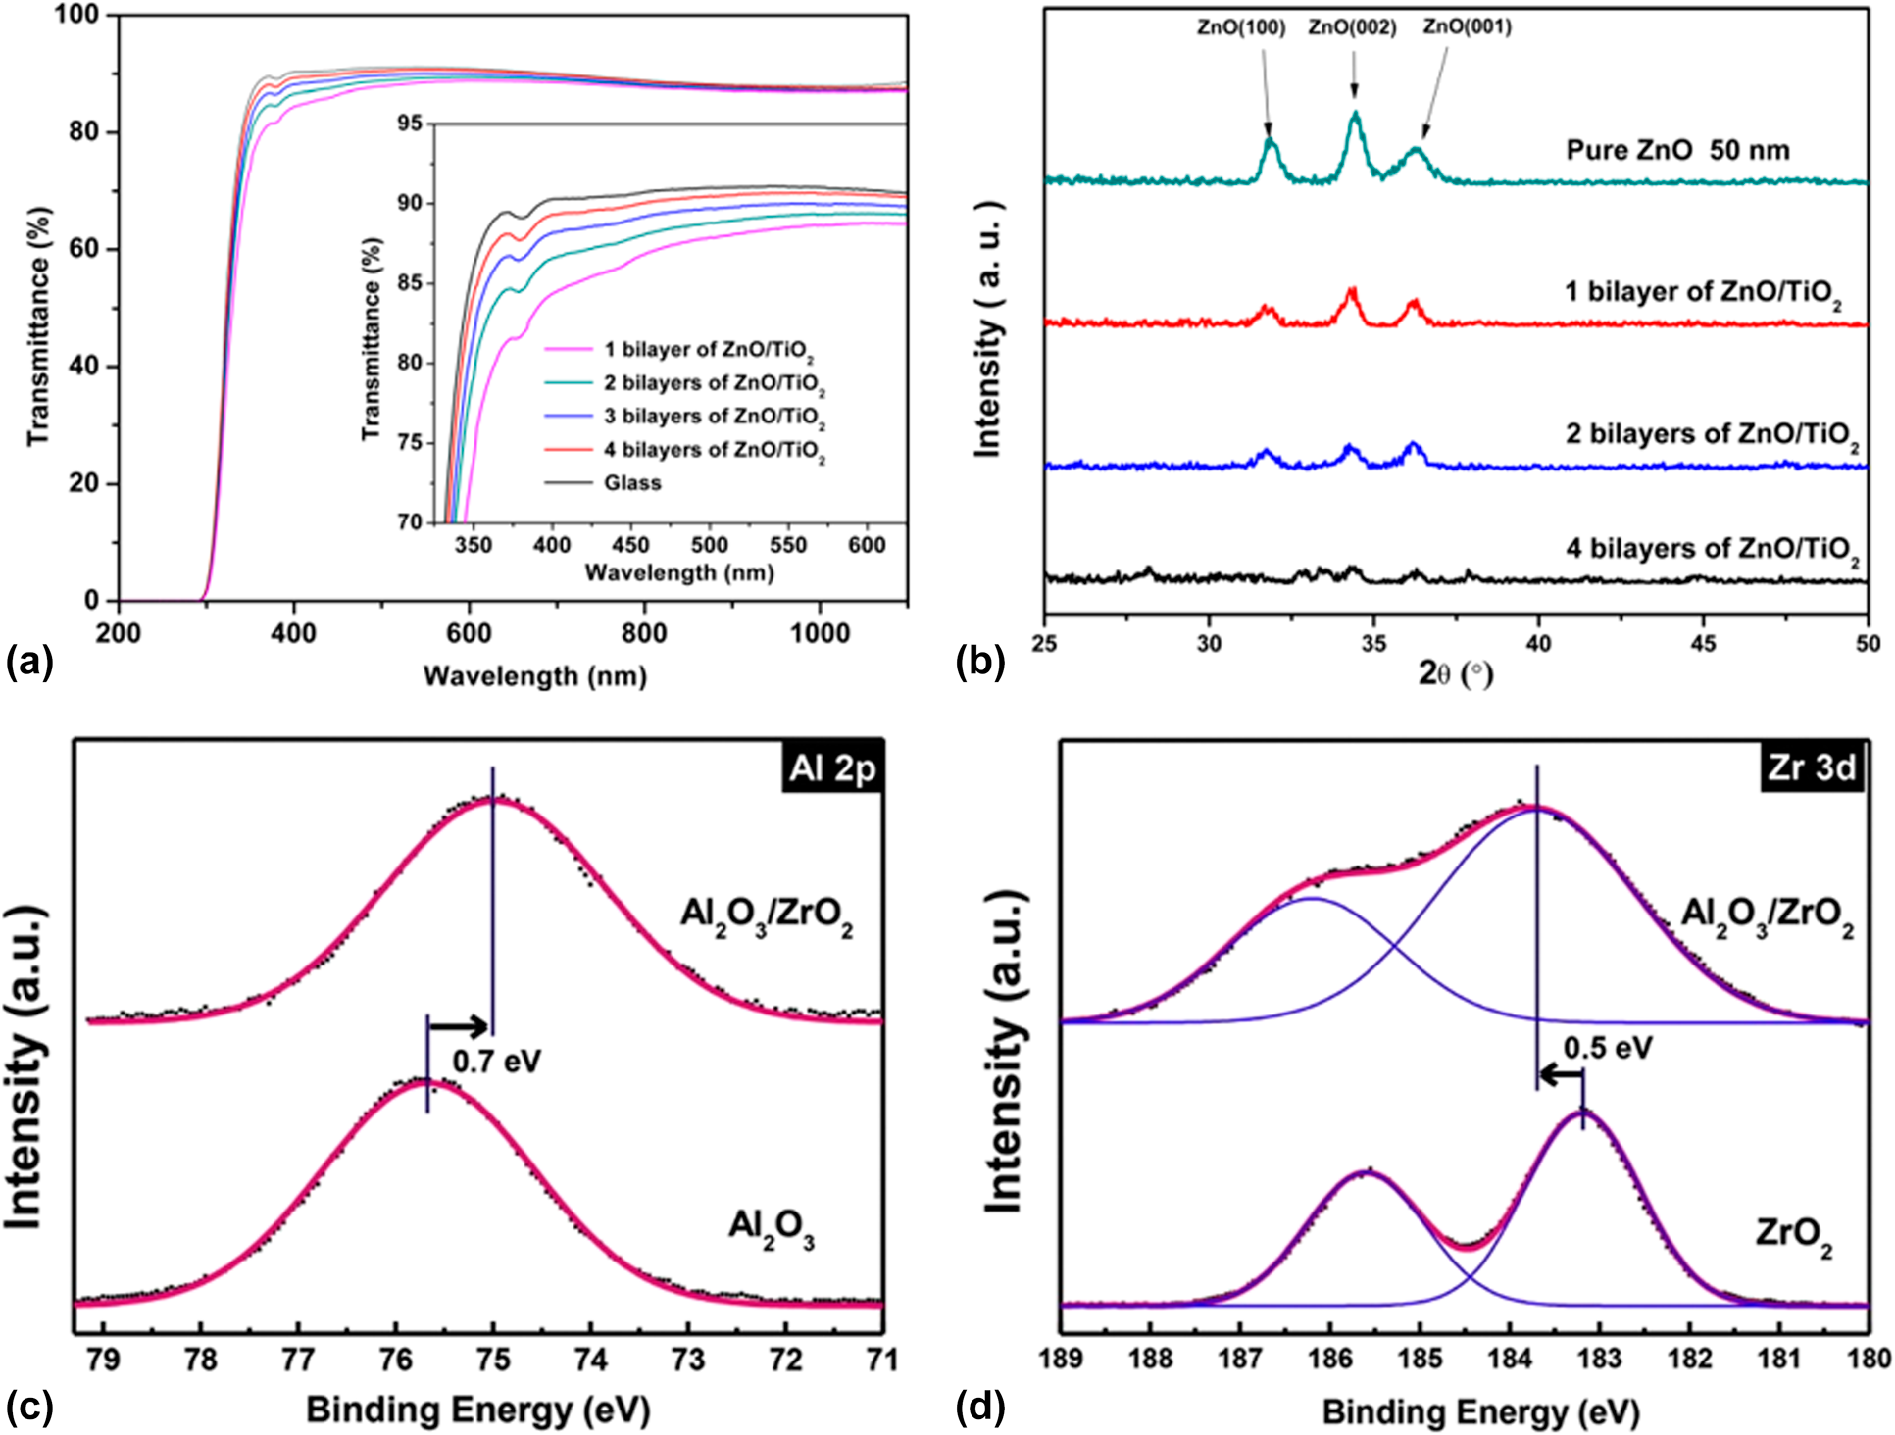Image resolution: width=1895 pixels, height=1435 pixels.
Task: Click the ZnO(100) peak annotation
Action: [1240, 27]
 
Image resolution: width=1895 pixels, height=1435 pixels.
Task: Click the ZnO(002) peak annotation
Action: [1352, 27]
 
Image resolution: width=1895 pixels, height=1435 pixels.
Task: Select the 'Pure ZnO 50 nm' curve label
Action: [1677, 150]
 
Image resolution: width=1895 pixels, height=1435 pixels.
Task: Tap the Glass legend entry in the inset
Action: [632, 482]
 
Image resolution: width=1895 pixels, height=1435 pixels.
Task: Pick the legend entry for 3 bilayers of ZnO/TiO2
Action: [714, 417]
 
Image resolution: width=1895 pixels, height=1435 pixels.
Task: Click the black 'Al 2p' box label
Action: [831, 767]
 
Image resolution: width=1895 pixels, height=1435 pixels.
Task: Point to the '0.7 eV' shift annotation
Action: [496, 1061]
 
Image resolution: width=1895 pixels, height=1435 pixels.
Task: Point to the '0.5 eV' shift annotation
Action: [1608, 1048]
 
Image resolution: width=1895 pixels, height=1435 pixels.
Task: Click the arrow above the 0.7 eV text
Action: [459, 1027]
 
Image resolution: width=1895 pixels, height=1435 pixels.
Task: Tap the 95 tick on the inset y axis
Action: [411, 124]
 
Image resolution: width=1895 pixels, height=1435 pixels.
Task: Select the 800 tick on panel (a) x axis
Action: [644, 634]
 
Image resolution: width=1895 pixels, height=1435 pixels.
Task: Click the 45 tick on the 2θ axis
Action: [1704, 642]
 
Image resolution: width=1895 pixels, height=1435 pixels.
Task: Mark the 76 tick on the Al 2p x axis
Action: [395, 1360]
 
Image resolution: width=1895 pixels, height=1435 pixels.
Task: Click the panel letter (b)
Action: [980, 663]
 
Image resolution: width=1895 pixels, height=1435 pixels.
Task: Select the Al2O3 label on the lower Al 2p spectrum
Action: [771, 1227]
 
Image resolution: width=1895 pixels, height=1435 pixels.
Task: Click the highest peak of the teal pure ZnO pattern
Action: [1356, 116]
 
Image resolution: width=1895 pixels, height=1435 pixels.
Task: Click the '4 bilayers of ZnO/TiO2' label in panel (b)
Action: [1712, 550]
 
